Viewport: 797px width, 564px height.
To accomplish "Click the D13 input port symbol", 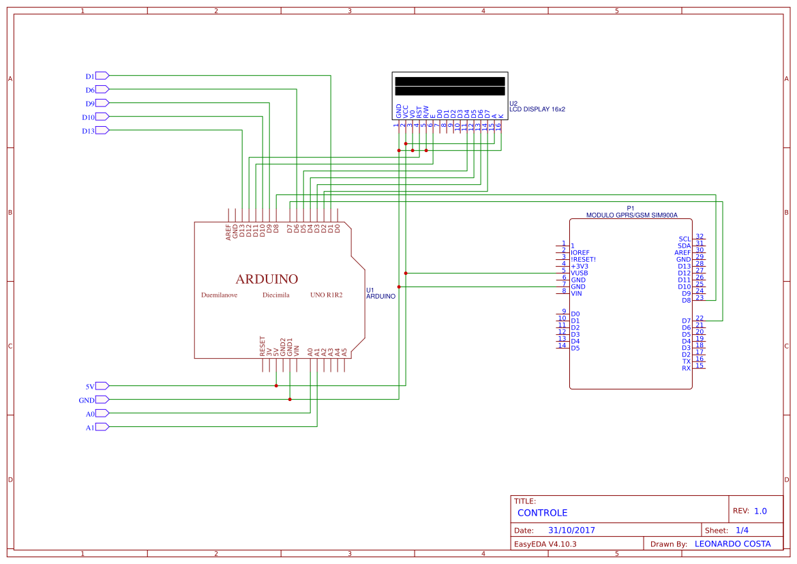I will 102,130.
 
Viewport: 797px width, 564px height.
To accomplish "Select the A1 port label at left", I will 89,428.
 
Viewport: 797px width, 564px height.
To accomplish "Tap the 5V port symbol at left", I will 102,385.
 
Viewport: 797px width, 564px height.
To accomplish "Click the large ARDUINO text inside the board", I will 267,279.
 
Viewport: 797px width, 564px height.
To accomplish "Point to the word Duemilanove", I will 219,295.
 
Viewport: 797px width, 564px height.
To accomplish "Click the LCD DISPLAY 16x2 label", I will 537,109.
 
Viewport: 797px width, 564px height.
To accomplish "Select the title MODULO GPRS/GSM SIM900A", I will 631,215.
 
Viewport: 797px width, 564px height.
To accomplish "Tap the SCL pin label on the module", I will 685,239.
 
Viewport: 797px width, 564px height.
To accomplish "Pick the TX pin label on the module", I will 687,361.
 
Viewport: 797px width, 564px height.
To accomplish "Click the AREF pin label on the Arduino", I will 228,233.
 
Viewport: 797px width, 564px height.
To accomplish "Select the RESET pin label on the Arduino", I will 262,346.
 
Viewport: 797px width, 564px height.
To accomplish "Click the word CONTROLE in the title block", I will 542,513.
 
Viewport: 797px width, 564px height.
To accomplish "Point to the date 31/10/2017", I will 571,530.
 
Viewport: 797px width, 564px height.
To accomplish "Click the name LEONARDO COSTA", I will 732,544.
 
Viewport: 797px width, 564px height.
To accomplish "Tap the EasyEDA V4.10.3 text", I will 545,544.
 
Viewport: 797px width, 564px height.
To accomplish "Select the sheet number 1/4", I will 742,530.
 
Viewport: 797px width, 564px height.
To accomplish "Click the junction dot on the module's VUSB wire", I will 406,273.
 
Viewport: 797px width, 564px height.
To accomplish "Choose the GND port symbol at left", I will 102,400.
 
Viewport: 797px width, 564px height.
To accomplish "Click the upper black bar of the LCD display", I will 449,81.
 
